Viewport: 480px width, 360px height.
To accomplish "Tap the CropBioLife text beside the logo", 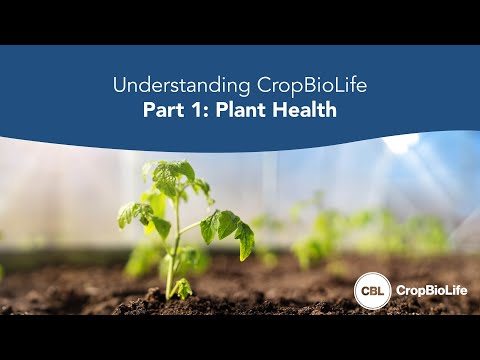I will (428, 290).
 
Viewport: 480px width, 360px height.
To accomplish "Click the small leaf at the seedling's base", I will (183, 289).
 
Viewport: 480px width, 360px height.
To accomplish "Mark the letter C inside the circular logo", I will (363, 290).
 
